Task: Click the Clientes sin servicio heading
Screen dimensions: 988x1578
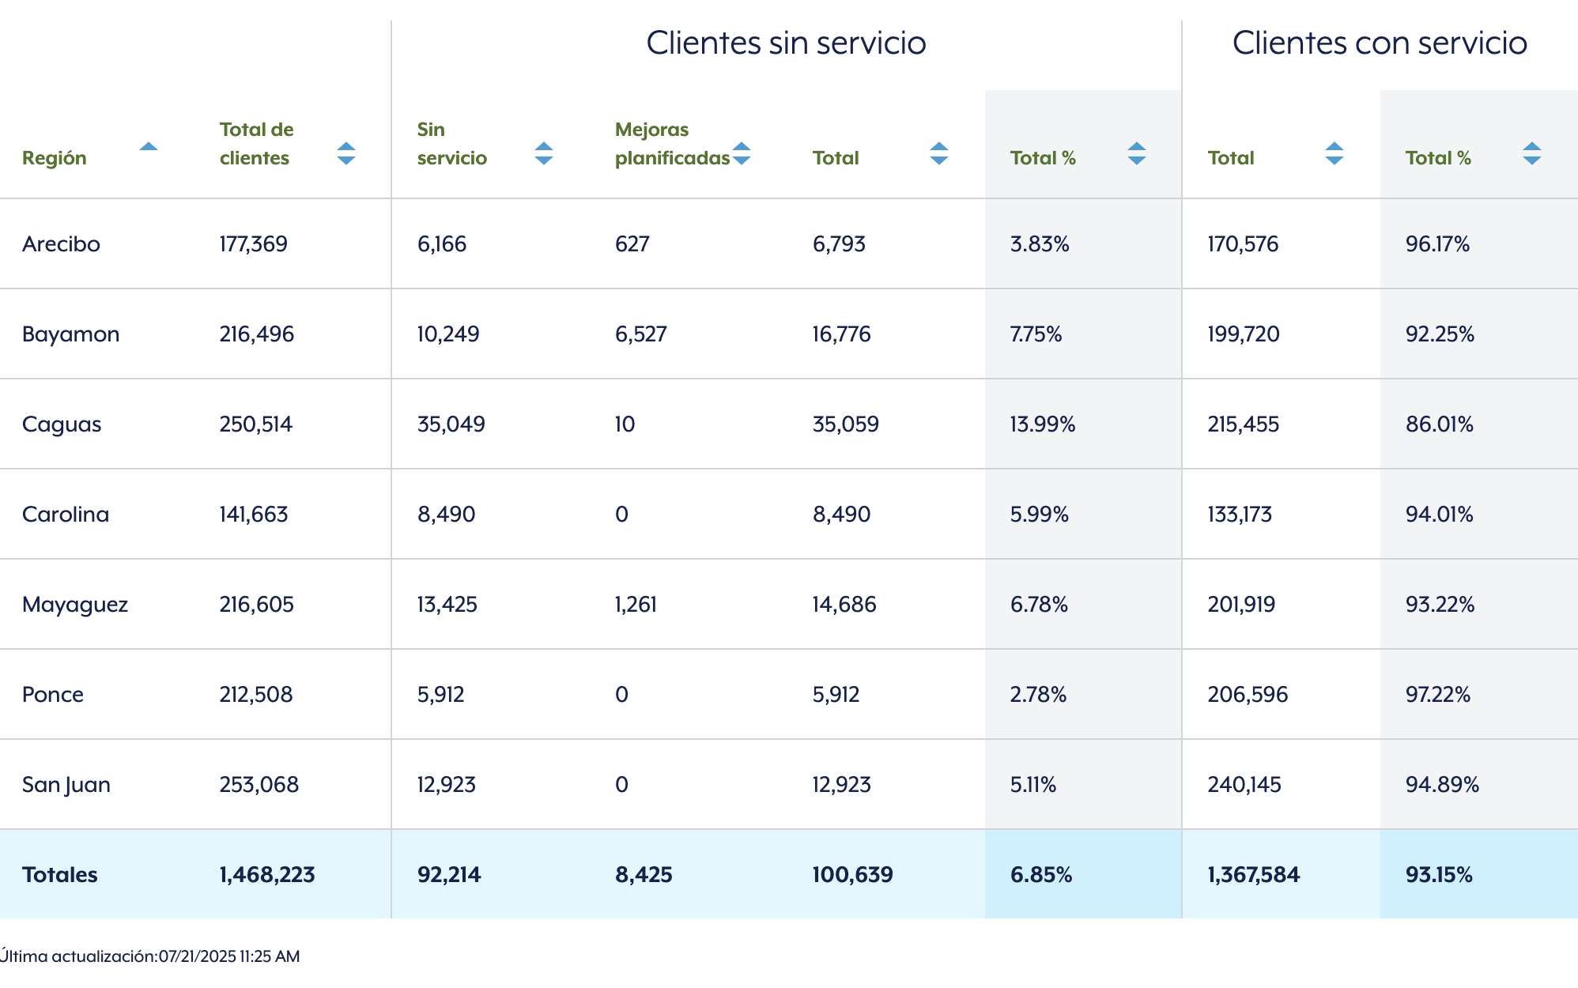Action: click(786, 43)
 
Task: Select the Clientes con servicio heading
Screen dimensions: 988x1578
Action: click(1380, 43)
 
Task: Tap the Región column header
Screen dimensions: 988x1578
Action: click(55, 158)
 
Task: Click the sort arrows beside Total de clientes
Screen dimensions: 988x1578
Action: click(346, 153)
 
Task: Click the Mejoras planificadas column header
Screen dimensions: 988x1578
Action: click(672, 144)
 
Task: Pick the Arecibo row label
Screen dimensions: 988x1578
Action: click(61, 243)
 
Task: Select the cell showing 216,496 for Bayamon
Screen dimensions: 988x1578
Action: click(257, 334)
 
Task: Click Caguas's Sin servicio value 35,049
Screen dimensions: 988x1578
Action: click(451, 424)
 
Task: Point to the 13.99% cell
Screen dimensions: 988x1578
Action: click(1043, 424)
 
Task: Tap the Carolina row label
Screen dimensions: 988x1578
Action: click(66, 515)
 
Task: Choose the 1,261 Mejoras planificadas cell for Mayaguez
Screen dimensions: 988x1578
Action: click(636, 605)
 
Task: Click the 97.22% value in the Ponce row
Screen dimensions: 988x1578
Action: click(1438, 695)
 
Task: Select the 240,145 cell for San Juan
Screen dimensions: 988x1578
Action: click(1244, 785)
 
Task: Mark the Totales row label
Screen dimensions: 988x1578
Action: click(60, 875)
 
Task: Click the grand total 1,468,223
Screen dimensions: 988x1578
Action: click(267, 875)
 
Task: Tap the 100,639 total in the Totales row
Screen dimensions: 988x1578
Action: click(853, 875)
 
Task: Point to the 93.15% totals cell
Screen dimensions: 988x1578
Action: click(1439, 875)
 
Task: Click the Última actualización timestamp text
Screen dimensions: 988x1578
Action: click(150, 956)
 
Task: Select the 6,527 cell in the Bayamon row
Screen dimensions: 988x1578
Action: click(641, 334)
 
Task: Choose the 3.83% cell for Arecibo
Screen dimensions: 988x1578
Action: click(1040, 244)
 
